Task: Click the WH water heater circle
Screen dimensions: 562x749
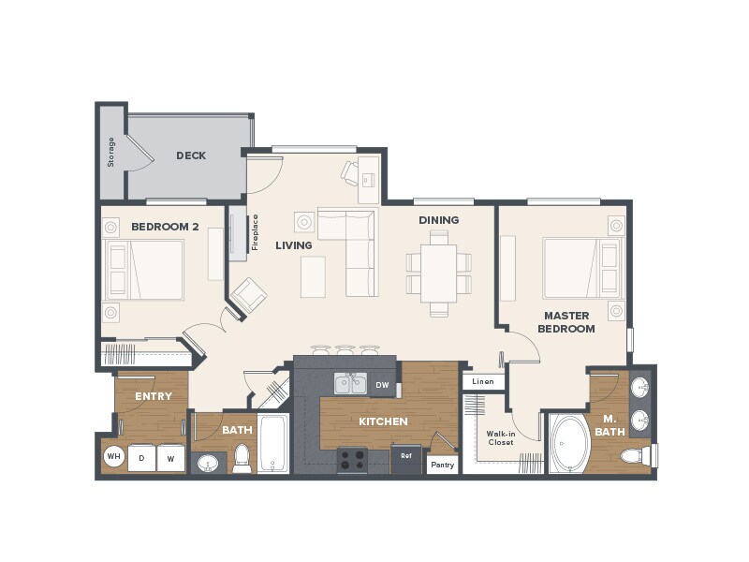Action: tap(114, 457)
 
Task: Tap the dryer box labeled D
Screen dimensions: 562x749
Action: tap(142, 458)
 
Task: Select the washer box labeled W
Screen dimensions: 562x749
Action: tap(170, 458)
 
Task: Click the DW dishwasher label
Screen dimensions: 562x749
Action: tap(382, 384)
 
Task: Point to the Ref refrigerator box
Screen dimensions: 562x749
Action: tap(406, 457)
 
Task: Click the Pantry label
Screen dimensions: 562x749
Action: tap(442, 464)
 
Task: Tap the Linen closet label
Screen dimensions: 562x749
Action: tap(483, 381)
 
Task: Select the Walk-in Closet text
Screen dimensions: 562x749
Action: tap(500, 437)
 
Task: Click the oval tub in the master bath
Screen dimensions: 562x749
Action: tap(568, 444)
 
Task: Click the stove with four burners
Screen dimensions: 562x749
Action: tap(352, 459)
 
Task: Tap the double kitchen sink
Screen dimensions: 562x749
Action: tap(351, 382)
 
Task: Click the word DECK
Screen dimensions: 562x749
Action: tap(191, 155)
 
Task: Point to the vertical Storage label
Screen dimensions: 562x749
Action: tap(110, 152)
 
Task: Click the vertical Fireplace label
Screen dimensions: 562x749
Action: tap(255, 232)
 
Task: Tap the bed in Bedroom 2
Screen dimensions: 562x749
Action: tap(144, 270)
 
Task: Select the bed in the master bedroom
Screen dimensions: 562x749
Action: tap(581, 267)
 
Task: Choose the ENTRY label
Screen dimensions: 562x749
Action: tap(153, 396)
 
